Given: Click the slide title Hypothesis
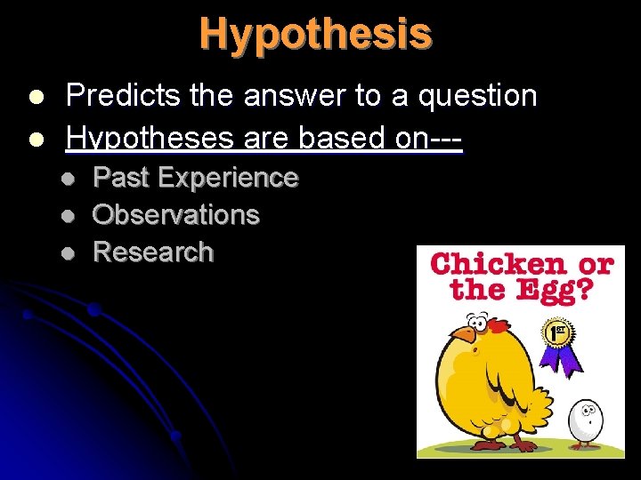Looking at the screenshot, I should coord(316,34).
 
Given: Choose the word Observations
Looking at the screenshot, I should coord(175,215).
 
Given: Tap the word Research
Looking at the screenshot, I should coord(153,252).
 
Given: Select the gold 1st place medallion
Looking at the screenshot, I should coord(557,333).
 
